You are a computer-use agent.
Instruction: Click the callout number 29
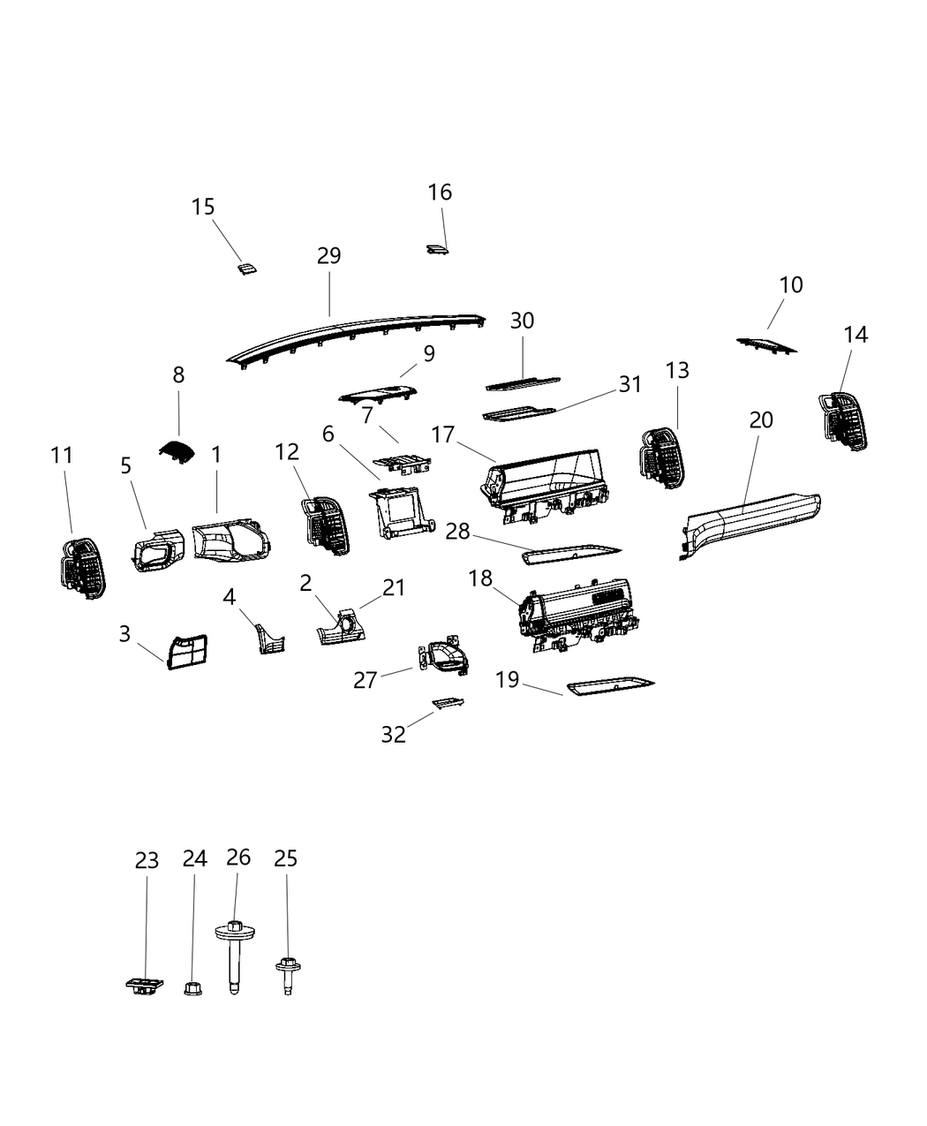pos(328,255)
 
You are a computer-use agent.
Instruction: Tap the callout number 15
pos(203,207)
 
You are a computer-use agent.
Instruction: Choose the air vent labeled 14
pos(842,420)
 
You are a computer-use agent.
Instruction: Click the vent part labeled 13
pos(662,456)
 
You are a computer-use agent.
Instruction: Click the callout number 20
pos(761,419)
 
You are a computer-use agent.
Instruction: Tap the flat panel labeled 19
pos(610,687)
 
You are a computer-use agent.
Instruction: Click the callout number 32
pos(393,734)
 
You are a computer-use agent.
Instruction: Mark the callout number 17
pos(443,435)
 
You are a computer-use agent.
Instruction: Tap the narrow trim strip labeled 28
pos(572,554)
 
